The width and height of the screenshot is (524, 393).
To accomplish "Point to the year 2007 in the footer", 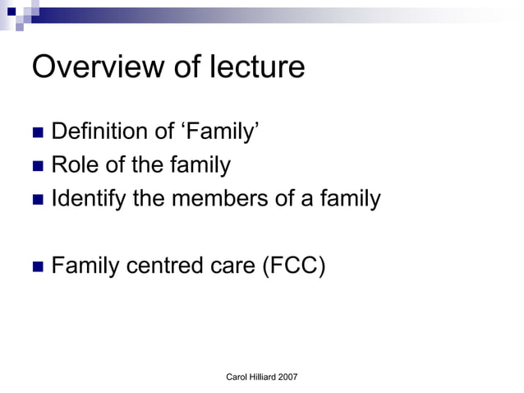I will [x=287, y=376].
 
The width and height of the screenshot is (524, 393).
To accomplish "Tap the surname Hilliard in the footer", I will [x=263, y=376].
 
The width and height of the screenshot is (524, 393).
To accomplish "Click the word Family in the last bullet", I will [x=85, y=265].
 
